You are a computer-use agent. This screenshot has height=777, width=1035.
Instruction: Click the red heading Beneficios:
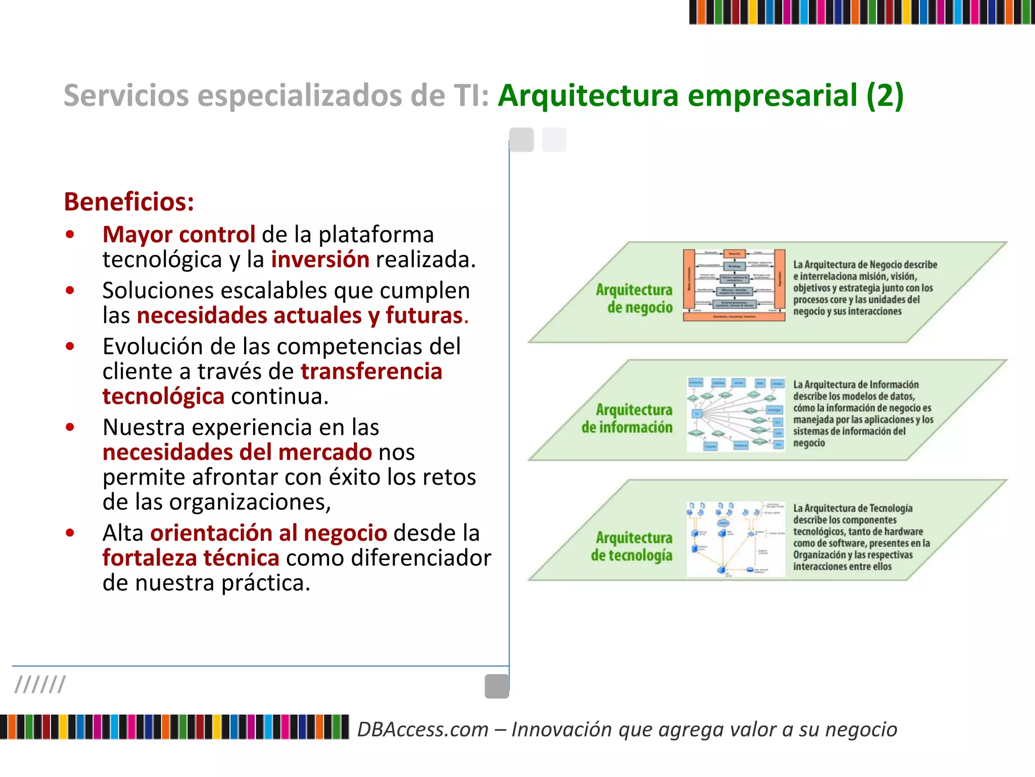pos(129,202)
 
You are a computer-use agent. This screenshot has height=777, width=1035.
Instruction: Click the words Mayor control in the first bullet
pos(179,235)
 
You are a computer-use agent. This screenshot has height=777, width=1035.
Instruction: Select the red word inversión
pos(320,260)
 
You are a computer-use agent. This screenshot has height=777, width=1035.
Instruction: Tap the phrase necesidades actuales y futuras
pos(300,316)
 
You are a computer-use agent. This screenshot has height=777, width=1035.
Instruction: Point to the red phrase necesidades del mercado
pos(238,452)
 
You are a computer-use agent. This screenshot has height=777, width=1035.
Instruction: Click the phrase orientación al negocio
pos(268,533)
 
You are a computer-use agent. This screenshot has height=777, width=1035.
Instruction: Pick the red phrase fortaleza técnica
pos(191,558)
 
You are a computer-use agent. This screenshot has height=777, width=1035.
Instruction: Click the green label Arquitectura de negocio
pos(635,298)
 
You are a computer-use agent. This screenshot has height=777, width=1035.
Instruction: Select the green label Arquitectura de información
pos(627,418)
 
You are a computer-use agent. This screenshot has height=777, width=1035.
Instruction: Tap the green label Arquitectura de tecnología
pos(632,546)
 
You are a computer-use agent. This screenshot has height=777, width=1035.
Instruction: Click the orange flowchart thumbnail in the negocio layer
pos(734,285)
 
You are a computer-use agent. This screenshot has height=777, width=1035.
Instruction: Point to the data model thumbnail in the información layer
pos(736,414)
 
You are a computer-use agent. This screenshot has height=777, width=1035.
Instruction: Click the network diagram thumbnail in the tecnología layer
pos(735,539)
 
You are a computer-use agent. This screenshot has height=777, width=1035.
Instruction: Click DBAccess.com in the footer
pos(423,729)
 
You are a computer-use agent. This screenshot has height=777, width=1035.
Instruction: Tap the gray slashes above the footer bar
pos(40,684)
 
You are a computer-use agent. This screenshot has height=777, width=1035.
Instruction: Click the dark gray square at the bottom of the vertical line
pos(497,686)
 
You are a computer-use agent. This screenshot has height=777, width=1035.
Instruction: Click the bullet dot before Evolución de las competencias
pos(70,347)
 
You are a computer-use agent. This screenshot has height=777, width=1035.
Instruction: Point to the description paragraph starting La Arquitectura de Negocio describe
pos(864,287)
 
